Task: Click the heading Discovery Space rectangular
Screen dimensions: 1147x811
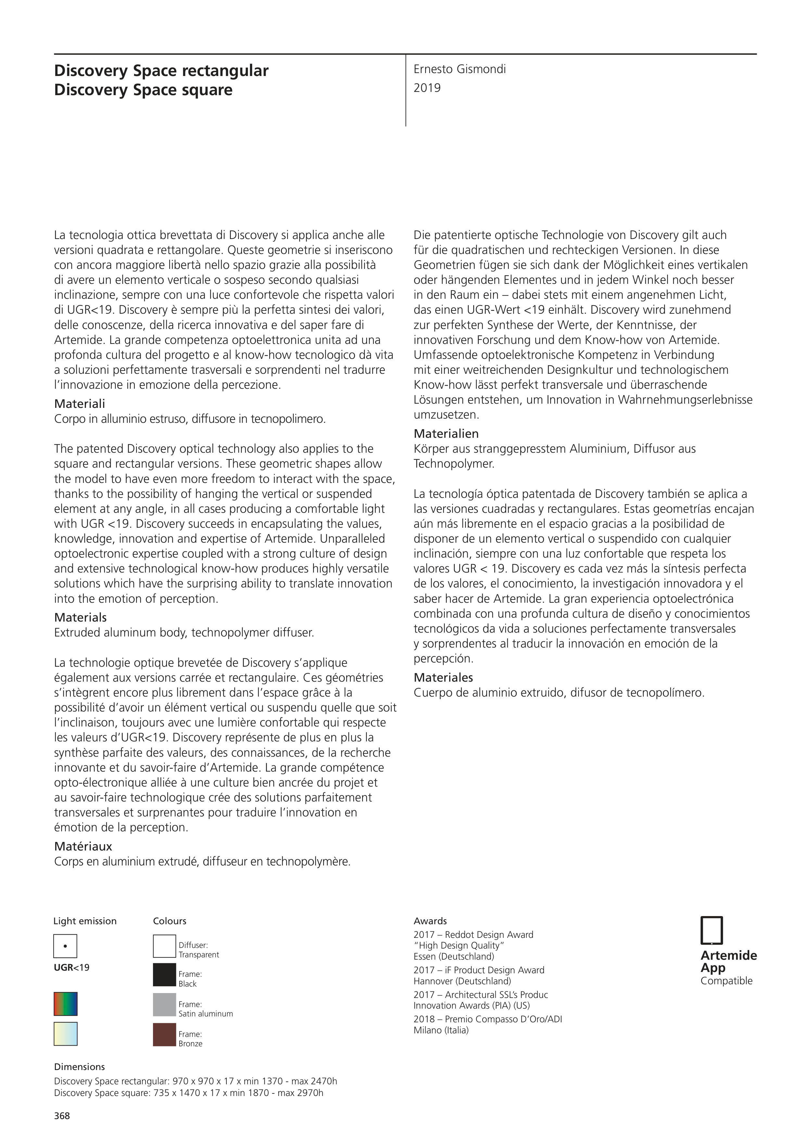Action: (161, 71)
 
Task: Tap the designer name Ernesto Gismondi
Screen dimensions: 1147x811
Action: (459, 69)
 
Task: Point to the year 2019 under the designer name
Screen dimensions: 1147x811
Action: (427, 88)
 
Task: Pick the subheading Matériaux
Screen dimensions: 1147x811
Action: (83, 846)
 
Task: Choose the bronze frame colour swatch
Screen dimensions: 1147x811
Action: (164, 1035)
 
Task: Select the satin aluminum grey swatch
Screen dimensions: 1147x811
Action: (164, 1005)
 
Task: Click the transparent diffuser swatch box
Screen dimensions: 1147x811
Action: (164, 946)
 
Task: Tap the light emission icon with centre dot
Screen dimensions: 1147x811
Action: (66, 946)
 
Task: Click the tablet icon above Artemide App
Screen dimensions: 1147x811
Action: (712, 931)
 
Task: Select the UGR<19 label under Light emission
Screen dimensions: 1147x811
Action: (71, 968)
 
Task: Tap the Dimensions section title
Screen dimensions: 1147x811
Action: (80, 1066)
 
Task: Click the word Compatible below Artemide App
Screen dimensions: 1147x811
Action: (726, 981)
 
